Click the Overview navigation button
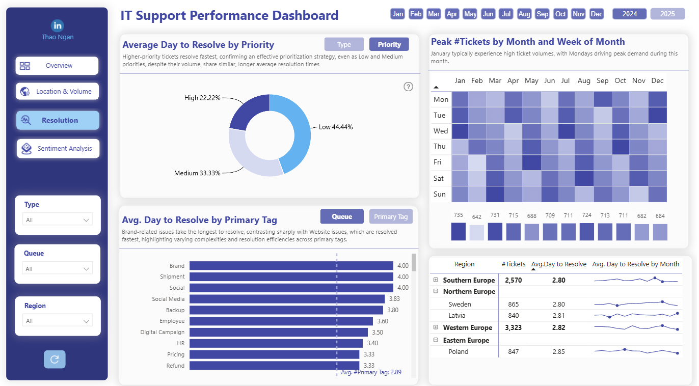pos(57,66)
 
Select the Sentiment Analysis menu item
pos(58,148)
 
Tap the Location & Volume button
pos(58,91)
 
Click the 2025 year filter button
pos(667,14)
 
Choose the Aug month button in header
pos(524,14)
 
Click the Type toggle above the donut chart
pos(344,44)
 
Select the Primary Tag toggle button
pos(391,216)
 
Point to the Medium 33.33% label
pos(197,173)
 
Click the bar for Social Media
pos(287,299)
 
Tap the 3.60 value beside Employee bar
pos(383,321)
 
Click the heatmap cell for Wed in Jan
pos(460,131)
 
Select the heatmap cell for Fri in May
pos(531,162)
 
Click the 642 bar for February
pos(476,233)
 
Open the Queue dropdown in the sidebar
pos(58,269)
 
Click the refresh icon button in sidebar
pos(55,359)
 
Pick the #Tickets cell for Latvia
pos(514,316)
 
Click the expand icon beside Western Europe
pos(436,327)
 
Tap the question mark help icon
pos(408,87)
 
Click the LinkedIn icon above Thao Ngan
pos(58,25)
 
